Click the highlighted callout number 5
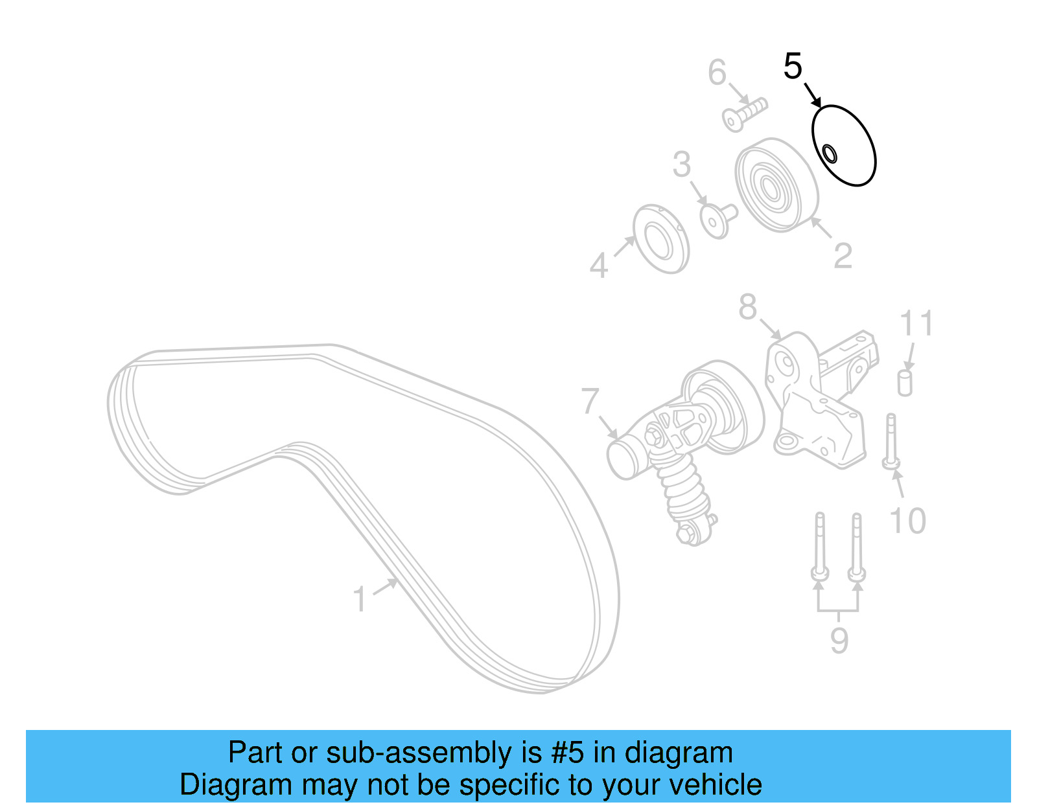coord(793,67)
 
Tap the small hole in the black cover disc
coord(830,154)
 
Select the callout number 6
coord(717,73)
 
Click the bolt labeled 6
coord(745,114)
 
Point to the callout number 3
coord(681,165)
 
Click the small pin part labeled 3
coord(717,219)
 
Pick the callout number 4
coord(599,266)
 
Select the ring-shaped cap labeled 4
coord(660,240)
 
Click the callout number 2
coord(843,256)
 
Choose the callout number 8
coord(747,306)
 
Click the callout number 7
coord(590,402)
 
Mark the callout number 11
coord(916,323)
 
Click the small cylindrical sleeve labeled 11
coord(905,383)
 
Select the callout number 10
coord(907,521)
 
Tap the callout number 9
coord(839,641)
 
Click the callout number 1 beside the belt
coord(360,599)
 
